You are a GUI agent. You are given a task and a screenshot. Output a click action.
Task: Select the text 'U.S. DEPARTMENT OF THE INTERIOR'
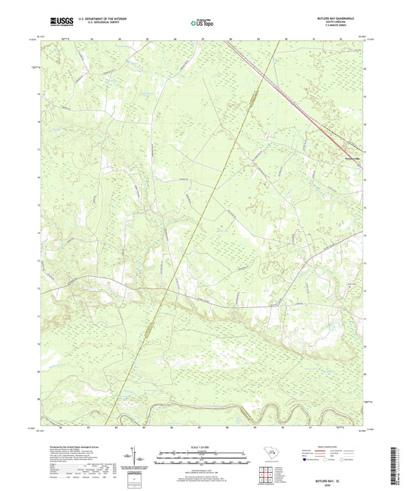98,20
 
